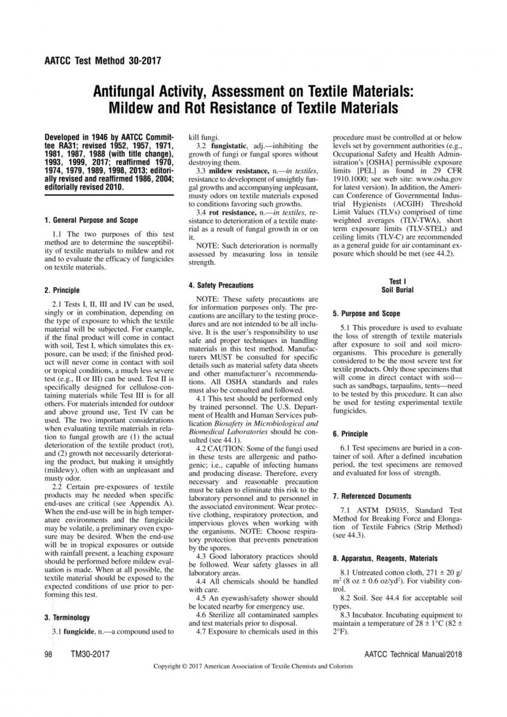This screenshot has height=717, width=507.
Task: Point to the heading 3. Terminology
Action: [67, 617]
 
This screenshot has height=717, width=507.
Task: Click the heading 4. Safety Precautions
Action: [221, 285]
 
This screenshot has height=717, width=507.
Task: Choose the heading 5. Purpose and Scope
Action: [366, 314]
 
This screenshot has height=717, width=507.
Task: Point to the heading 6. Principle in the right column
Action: [350, 434]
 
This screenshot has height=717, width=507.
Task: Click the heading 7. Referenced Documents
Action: [372, 496]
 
